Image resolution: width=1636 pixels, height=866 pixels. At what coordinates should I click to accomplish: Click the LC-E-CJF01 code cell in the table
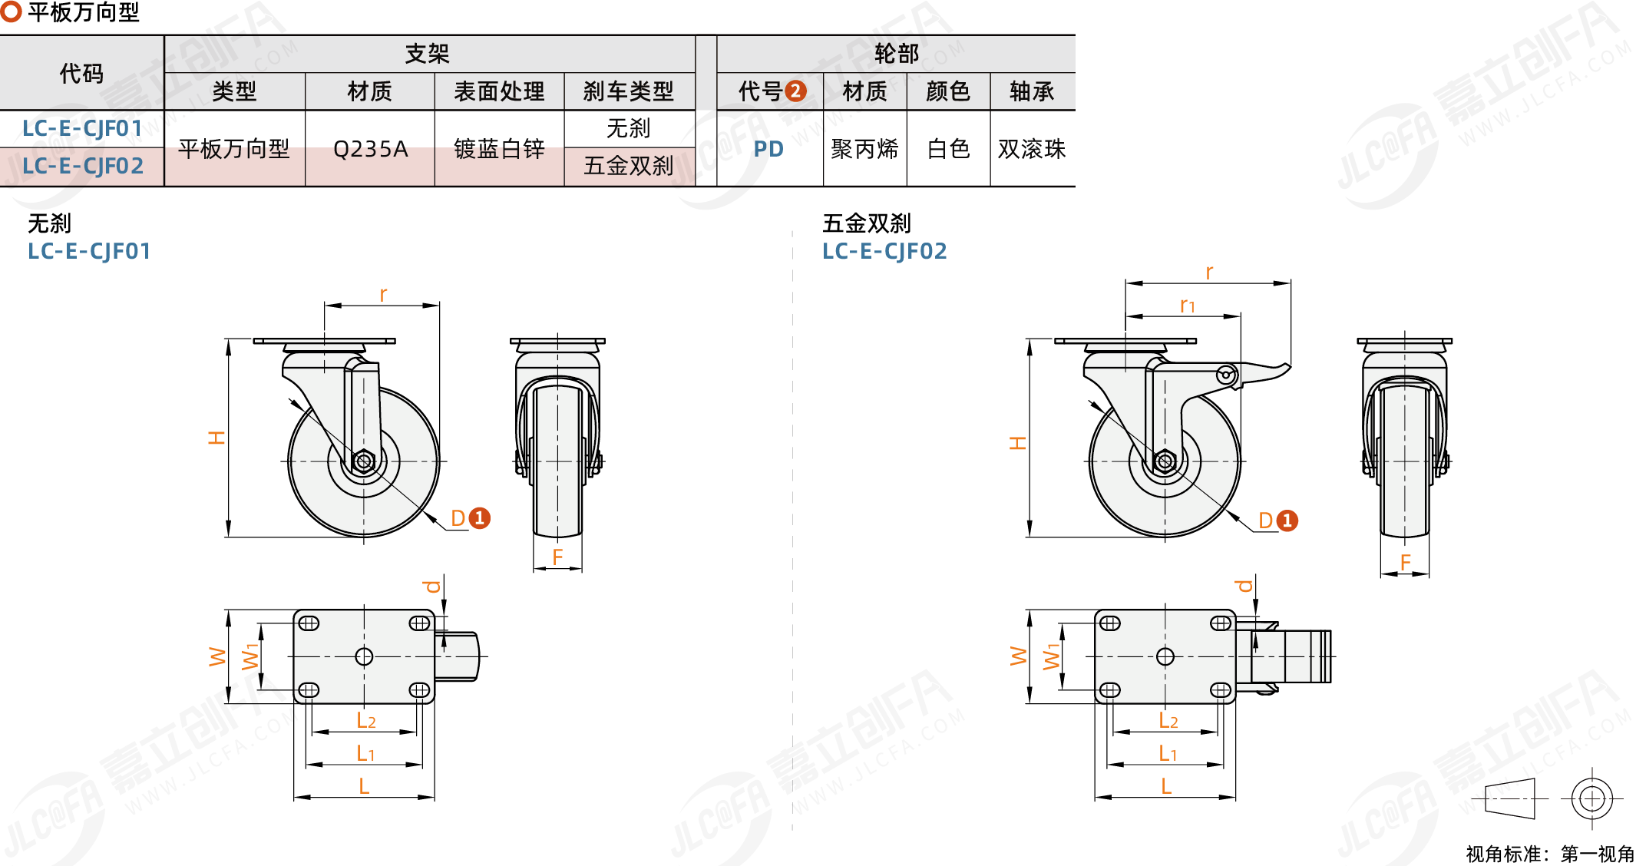coord(82,128)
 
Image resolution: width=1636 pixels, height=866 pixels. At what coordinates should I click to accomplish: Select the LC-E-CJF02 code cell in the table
coord(82,166)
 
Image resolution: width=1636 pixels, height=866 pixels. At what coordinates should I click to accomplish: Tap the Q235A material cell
coord(370,148)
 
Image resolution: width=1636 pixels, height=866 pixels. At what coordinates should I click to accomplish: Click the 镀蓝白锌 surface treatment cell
coord(499,148)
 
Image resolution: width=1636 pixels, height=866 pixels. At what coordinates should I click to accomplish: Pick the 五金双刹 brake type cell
coord(629,166)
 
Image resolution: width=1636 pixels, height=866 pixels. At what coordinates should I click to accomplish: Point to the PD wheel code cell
coord(768,148)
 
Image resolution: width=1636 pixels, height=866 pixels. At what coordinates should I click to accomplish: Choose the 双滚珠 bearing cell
coord(1032,148)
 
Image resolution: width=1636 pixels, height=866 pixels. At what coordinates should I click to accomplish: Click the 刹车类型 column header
coord(629,91)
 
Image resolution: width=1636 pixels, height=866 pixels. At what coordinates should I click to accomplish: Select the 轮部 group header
coord(896,54)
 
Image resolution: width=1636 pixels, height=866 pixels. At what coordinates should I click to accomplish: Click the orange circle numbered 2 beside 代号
coord(796,91)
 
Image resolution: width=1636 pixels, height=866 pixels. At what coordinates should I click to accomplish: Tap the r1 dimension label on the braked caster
coord(1187,306)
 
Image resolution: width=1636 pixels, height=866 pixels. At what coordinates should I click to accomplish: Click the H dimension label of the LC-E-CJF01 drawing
coord(216,438)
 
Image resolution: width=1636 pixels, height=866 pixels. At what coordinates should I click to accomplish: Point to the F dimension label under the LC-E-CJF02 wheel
coord(1405,563)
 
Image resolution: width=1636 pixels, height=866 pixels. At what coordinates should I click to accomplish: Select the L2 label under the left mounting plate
coord(365,721)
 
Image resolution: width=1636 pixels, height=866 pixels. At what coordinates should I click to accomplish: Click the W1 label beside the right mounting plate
coord(1051,656)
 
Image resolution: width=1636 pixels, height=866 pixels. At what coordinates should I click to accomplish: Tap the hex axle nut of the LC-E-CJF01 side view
coord(364,461)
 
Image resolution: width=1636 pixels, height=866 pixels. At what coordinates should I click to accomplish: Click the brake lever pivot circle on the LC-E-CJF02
coord(1226,375)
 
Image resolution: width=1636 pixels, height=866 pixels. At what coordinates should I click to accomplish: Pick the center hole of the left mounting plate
coord(364,656)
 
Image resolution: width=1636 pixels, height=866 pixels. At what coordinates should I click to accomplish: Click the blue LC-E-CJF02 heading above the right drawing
coord(884,251)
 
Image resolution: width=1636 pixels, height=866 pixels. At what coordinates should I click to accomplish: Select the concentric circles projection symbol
coord(1591,798)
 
